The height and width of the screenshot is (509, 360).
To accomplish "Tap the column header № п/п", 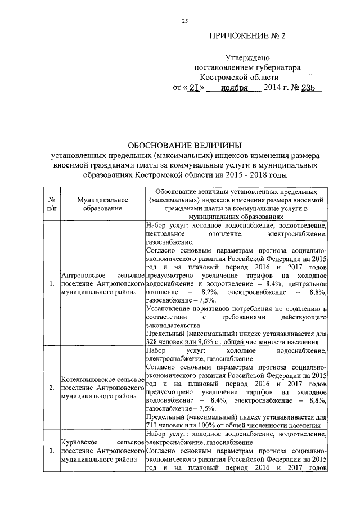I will [52, 204].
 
